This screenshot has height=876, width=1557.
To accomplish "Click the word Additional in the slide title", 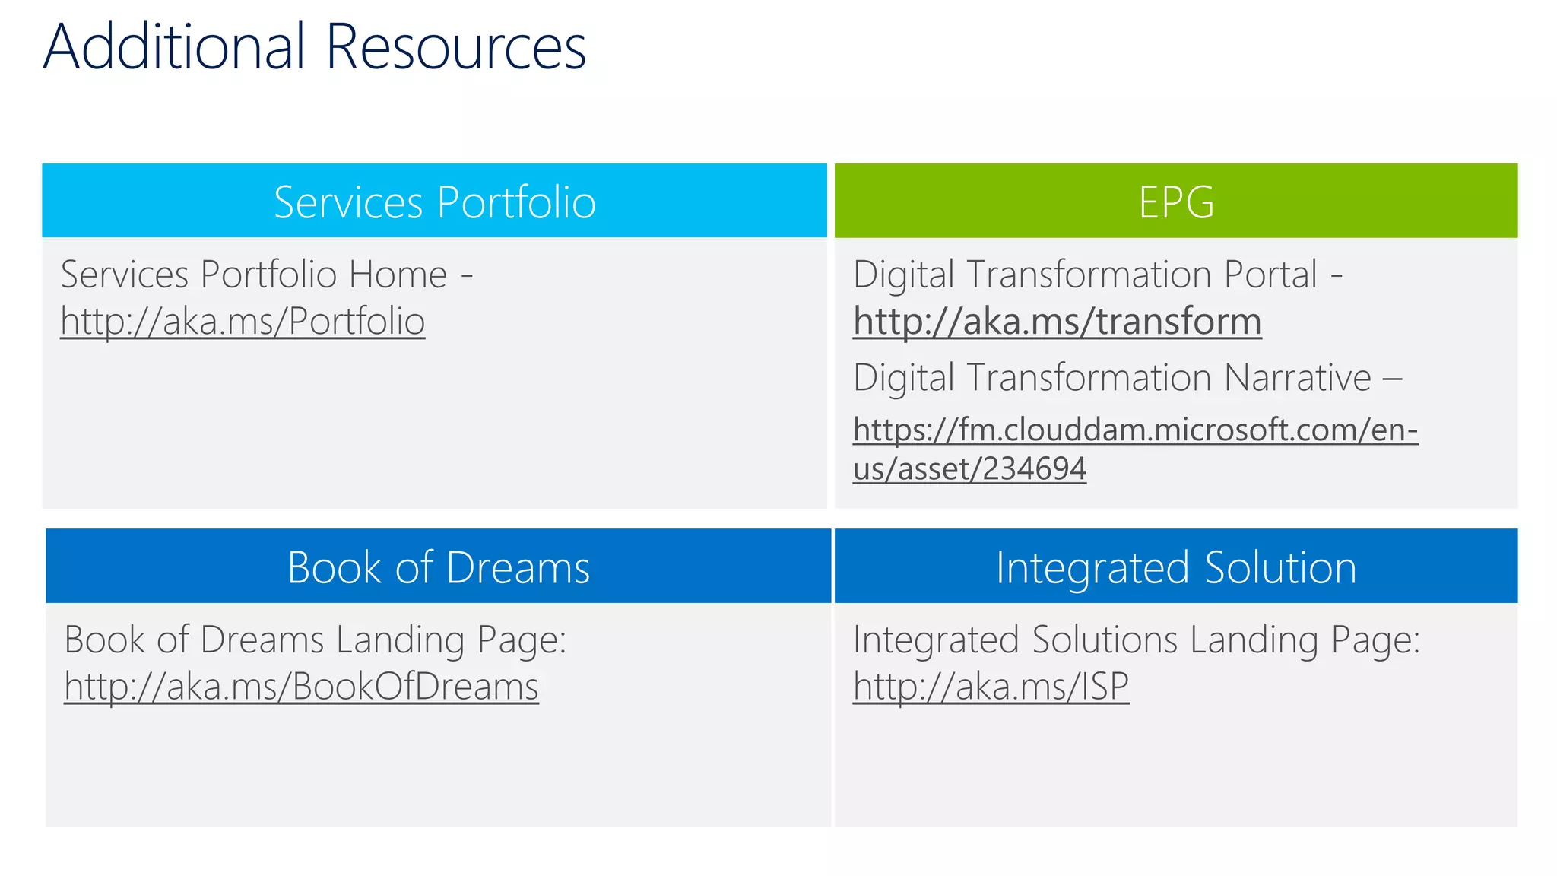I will (x=174, y=47).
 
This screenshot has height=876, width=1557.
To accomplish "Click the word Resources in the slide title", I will (x=456, y=47).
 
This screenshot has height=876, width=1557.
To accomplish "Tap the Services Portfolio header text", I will (x=435, y=202).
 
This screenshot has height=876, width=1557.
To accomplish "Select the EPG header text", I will (x=1176, y=202).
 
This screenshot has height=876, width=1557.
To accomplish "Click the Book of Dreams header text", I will (x=439, y=567).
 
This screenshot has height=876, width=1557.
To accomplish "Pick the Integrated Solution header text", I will (x=1176, y=567).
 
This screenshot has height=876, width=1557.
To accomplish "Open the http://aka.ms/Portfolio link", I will (x=243, y=321).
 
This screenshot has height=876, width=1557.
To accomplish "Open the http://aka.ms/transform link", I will (x=1057, y=321).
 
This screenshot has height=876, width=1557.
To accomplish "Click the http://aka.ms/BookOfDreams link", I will (x=301, y=686).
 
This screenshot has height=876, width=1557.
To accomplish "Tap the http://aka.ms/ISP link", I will (x=991, y=686).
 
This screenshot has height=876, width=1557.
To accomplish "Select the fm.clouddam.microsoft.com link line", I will (x=1135, y=430).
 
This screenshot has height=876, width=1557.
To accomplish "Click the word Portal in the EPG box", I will (x=1271, y=275).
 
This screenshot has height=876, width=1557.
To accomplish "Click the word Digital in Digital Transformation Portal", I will (x=903, y=275).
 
